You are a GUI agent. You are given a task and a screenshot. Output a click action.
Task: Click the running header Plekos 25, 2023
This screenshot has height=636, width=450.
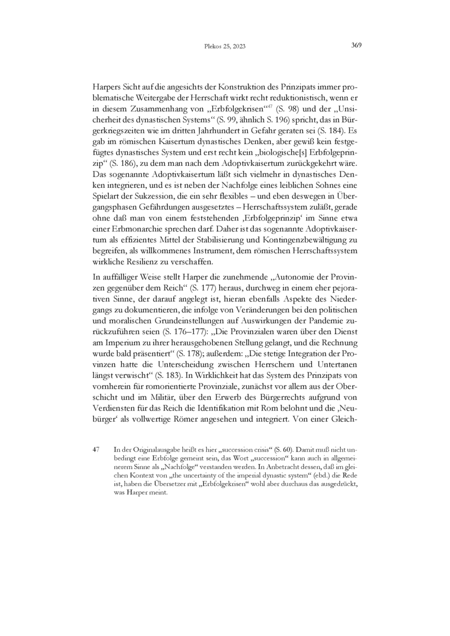(224, 47)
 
